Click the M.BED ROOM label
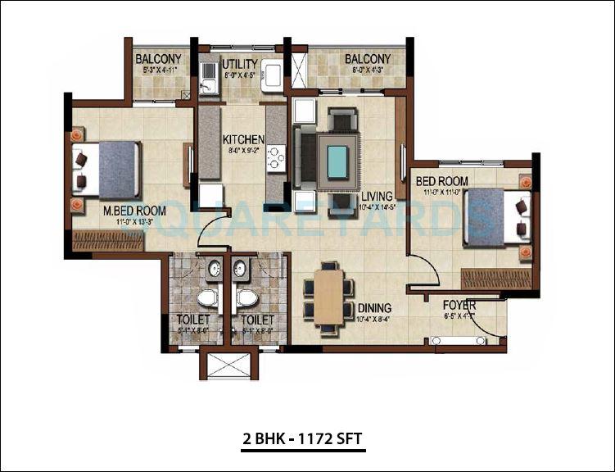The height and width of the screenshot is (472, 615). pos(134,211)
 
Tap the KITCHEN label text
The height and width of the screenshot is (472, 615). pos(243,139)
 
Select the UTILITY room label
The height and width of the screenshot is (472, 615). pos(240,64)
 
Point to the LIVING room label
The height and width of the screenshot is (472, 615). pos(378,196)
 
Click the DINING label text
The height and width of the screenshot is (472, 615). pos(374,308)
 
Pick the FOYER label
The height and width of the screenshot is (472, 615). pos(459,304)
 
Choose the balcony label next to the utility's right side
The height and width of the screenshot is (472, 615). pos(367,59)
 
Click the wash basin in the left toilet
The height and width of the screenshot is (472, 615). pos(214,268)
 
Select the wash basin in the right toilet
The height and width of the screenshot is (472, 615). pos(241,268)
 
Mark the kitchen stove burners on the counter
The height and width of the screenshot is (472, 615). pos(276,156)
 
